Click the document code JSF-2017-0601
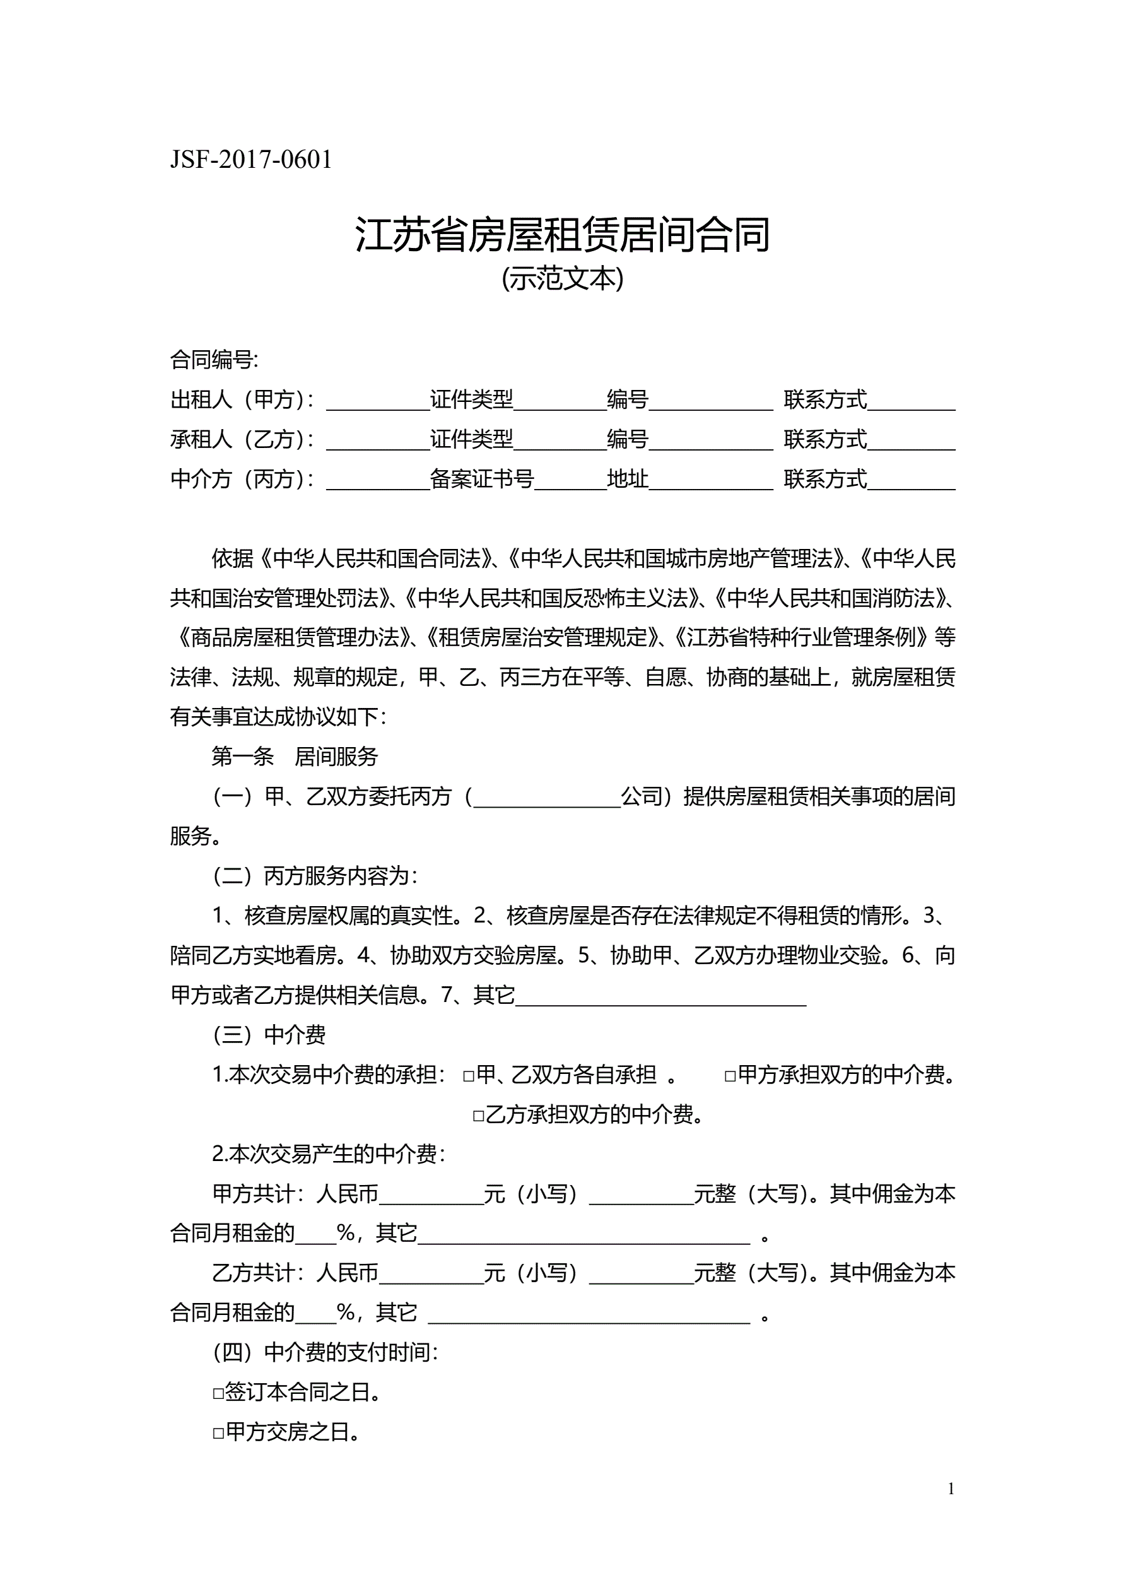pos(251,160)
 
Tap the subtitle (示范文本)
pos(562,279)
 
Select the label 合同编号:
pos(214,360)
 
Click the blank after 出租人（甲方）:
pos(378,401)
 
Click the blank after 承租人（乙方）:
pos(378,441)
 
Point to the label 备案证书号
pos(482,479)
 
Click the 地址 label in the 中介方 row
pos(628,479)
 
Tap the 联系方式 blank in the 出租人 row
pos(911,401)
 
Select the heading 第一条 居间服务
pos(295,757)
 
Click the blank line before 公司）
pos(546,798)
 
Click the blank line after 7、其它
pos(660,996)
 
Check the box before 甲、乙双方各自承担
pos(469,1076)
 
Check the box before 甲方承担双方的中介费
pos(730,1076)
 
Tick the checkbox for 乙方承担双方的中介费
pos(478,1116)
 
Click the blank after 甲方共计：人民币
pos(431,1194)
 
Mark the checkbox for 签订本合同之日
pos(218,1393)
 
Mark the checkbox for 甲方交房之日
pos(218,1433)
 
